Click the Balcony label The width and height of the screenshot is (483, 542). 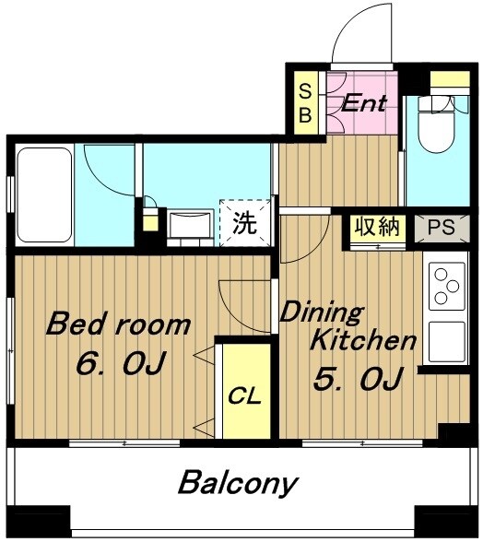[x=238, y=484]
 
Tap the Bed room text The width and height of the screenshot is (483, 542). [x=118, y=324]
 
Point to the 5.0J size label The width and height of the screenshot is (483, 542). [x=359, y=379]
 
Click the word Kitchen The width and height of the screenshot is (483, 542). [x=362, y=340]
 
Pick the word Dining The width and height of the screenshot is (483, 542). [x=322, y=313]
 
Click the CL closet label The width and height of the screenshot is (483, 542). [x=244, y=396]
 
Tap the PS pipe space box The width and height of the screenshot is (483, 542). [x=442, y=228]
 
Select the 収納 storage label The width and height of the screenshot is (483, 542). [x=377, y=227]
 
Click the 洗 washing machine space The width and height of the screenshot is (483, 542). [x=245, y=223]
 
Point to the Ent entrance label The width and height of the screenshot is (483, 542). [x=364, y=103]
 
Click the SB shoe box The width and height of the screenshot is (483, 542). [x=305, y=103]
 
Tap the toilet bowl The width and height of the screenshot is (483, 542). [x=435, y=124]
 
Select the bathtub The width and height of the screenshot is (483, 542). [x=44, y=195]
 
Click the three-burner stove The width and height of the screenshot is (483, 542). [x=446, y=286]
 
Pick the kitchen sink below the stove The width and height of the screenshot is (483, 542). [x=447, y=342]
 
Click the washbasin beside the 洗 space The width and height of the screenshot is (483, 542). [x=191, y=224]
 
